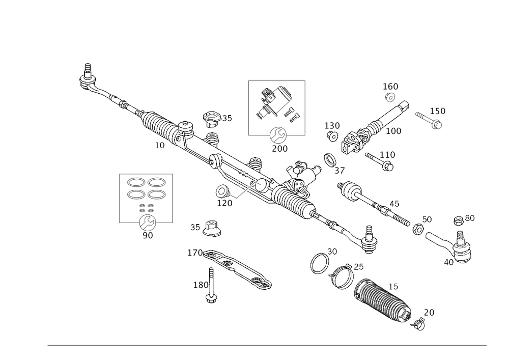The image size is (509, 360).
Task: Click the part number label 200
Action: click(x=280, y=148)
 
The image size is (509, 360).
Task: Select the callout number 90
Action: click(x=148, y=235)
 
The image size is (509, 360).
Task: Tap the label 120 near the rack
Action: click(x=224, y=203)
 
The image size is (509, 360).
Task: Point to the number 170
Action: click(x=195, y=253)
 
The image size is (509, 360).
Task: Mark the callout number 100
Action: click(x=393, y=131)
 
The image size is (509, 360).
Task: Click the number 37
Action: click(x=340, y=171)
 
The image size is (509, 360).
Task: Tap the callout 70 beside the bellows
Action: click(x=429, y=313)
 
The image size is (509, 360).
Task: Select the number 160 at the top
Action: click(x=391, y=86)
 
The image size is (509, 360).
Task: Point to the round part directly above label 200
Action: click(x=279, y=135)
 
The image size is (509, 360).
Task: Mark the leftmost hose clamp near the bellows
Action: click(x=319, y=262)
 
